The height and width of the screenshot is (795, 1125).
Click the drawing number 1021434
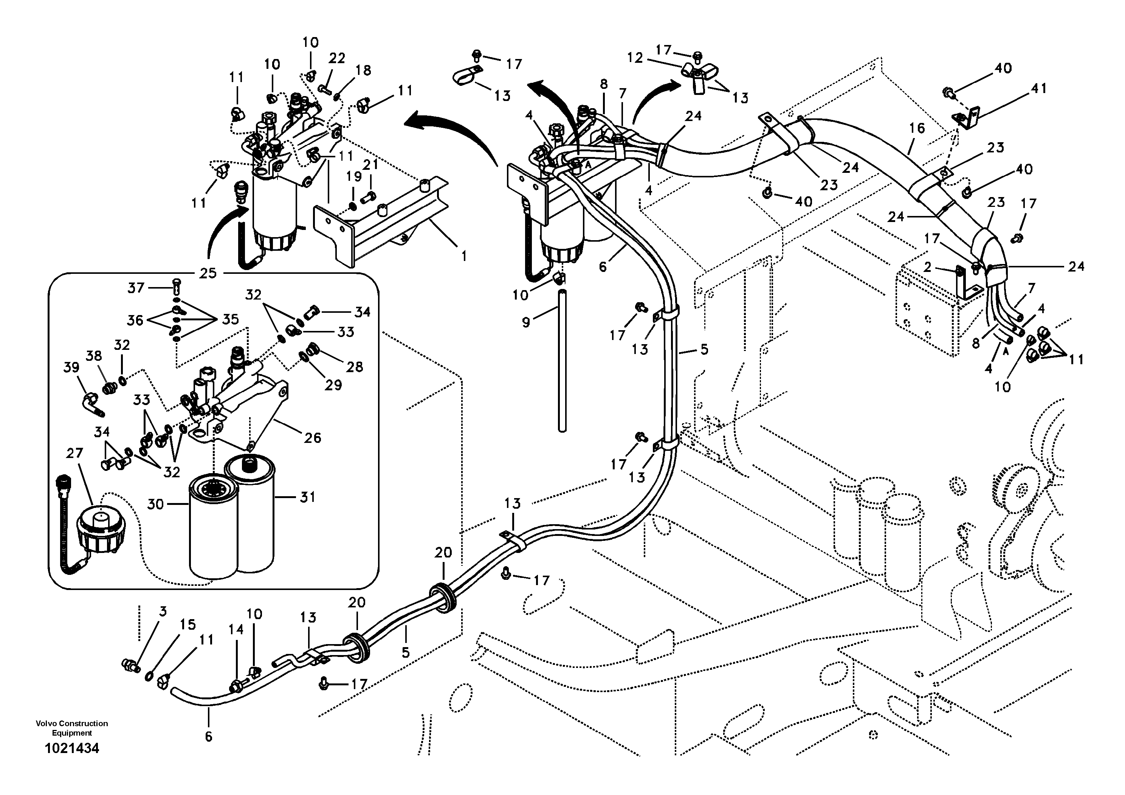[x=72, y=748]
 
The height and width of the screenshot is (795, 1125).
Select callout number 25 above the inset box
[x=208, y=273]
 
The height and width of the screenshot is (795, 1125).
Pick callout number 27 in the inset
[x=74, y=453]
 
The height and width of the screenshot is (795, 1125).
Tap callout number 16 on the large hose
[x=917, y=129]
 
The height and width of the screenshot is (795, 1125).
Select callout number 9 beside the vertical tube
[x=526, y=323]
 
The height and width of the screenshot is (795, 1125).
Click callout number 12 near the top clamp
[x=635, y=58]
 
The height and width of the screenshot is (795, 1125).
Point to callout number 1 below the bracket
[x=463, y=256]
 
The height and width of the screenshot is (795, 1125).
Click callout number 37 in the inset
[x=136, y=288]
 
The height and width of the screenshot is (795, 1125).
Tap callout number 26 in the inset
[x=313, y=438]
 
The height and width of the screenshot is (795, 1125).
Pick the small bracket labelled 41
[x=965, y=120]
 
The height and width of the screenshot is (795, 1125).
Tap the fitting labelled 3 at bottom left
[x=130, y=665]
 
